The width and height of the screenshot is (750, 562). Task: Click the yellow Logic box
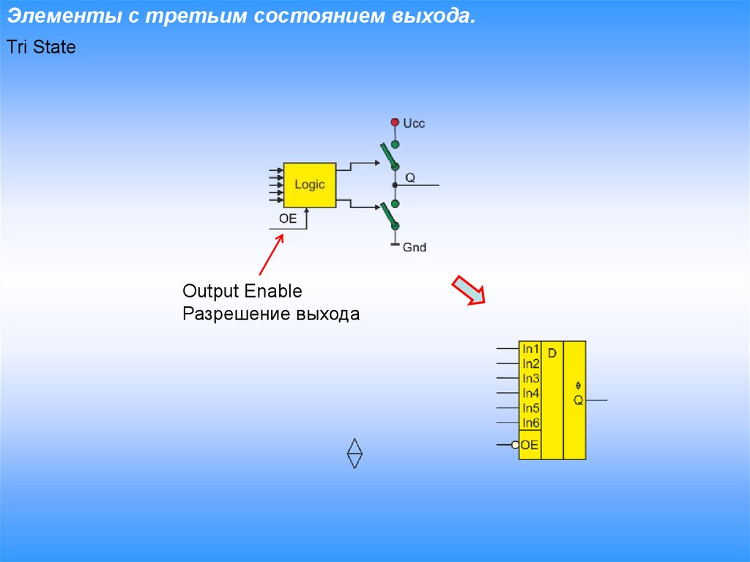310,185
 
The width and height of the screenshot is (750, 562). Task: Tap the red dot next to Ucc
395,122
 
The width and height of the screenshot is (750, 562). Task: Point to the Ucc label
414,124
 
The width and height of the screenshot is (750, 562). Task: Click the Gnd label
415,248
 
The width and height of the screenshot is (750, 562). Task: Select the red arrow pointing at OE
271,254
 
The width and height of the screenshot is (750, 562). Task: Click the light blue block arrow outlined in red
469,289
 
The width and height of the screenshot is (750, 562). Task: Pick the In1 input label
531,349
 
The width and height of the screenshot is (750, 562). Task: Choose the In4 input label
531,393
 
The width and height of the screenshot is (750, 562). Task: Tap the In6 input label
531,423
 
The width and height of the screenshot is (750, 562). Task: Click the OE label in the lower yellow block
529,445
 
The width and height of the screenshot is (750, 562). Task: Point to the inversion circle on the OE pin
515,445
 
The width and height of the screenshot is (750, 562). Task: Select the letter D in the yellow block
552,353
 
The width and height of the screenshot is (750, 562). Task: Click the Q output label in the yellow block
579,400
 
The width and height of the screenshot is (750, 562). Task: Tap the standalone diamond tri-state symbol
354,453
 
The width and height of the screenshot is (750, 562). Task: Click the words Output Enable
242,291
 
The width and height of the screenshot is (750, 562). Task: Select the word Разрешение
237,314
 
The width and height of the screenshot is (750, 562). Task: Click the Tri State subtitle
41,47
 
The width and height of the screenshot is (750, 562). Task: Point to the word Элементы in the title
64,16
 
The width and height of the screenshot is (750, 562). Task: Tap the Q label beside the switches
410,177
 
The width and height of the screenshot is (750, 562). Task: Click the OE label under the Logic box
288,219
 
